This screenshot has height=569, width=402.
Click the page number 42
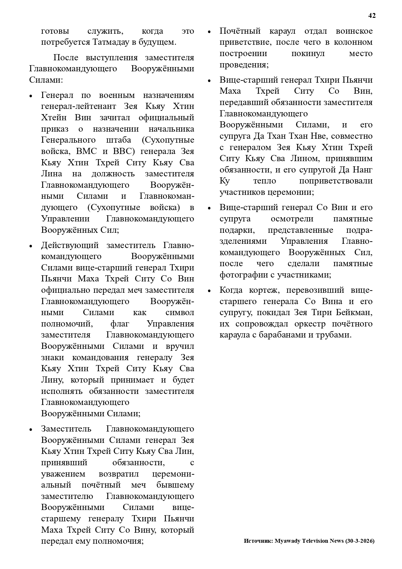click(x=372, y=16)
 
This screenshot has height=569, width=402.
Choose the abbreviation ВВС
click(x=123, y=151)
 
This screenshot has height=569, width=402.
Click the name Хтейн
click(x=54, y=117)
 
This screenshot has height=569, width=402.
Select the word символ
click(x=180, y=313)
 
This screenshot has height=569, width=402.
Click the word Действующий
click(x=70, y=245)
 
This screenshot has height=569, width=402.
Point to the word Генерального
click(x=68, y=140)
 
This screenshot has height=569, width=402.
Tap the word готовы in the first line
click(x=55, y=31)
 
